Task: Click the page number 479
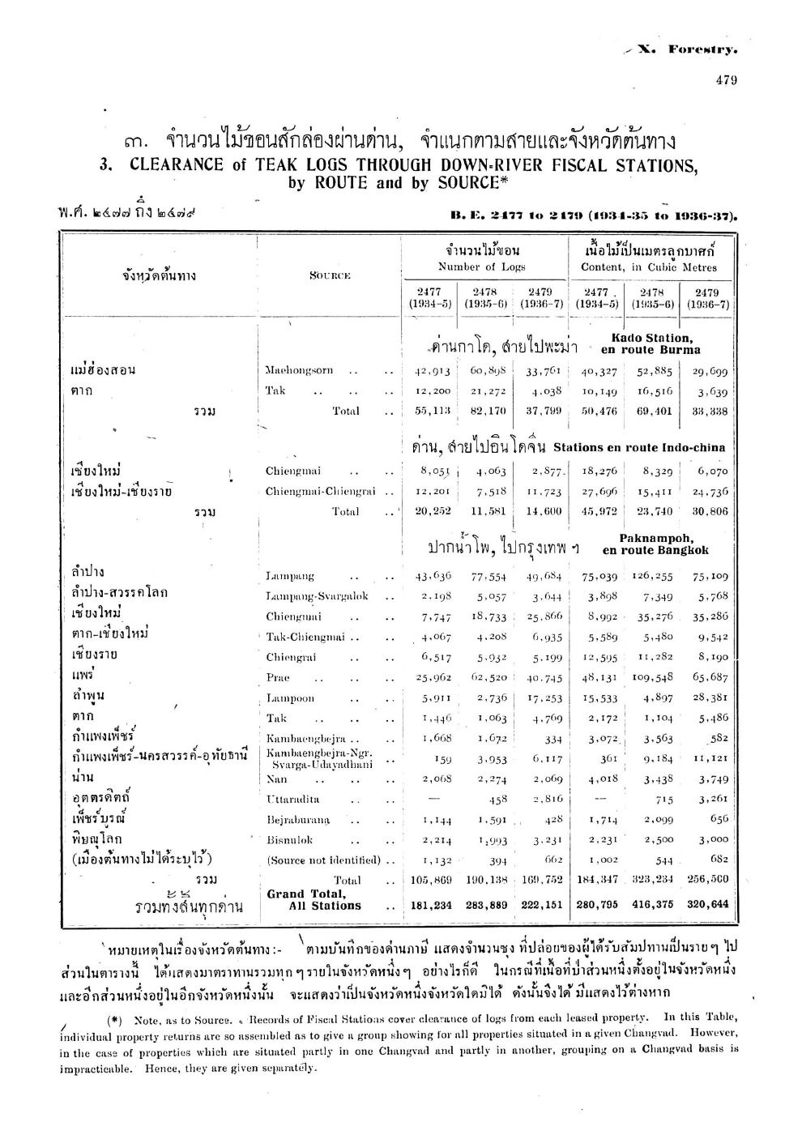click(726, 79)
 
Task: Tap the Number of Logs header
click(482, 267)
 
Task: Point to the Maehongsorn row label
click(299, 370)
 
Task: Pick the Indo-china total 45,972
click(599, 511)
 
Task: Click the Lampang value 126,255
click(653, 576)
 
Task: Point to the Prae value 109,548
click(653, 677)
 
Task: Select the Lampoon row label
click(289, 698)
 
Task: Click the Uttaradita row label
click(295, 799)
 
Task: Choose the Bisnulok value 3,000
click(712, 839)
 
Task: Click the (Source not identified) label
click(322, 860)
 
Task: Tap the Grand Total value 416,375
click(653, 905)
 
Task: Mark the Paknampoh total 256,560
click(710, 879)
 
